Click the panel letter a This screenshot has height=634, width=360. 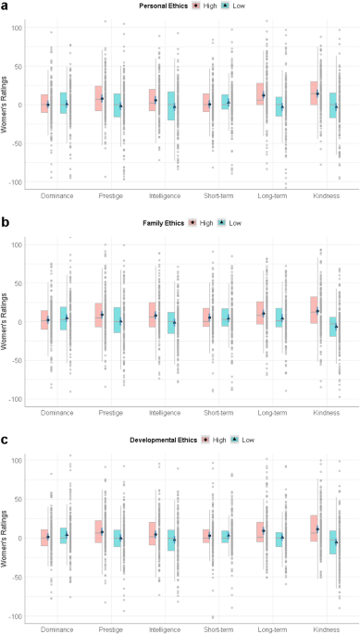(4, 6)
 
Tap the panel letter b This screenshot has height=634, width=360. (4, 223)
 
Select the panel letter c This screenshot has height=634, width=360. (4, 440)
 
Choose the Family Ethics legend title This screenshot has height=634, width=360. (164, 223)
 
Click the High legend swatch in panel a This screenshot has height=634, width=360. (196, 6)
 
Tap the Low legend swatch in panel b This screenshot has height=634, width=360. (222, 223)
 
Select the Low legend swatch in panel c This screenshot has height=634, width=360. (235, 440)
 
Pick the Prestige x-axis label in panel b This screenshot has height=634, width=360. (111, 413)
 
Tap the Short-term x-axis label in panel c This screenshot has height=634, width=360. (218, 629)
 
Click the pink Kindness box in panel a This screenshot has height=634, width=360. (314, 93)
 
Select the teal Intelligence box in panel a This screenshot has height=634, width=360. (171, 106)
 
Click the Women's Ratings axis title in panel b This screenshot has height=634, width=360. (4, 323)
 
